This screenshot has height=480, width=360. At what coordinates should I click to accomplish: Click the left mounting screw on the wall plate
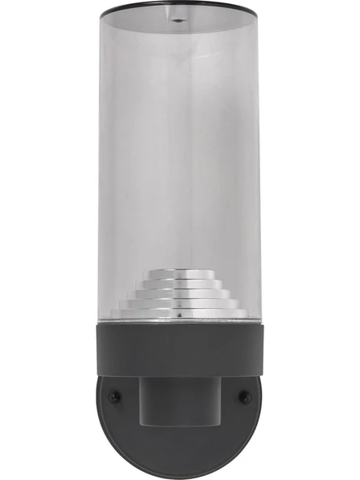114,396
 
